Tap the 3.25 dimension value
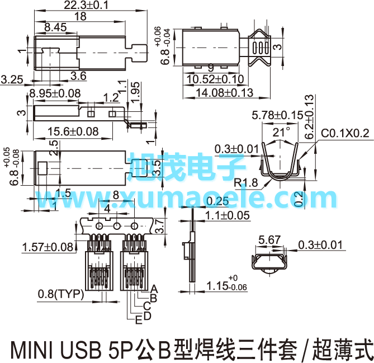[x=12, y=79]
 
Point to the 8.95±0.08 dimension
[x=55, y=93]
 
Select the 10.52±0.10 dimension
[x=215, y=79]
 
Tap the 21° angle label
[x=282, y=132]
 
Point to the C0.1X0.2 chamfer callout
[x=345, y=133]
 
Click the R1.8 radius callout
[x=245, y=182]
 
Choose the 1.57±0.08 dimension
[x=48, y=247]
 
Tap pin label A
[x=155, y=289]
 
